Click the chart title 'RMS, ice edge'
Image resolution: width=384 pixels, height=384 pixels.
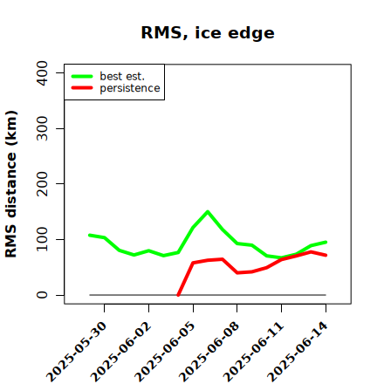pos(208,33)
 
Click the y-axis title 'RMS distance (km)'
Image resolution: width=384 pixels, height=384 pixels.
pos(11,184)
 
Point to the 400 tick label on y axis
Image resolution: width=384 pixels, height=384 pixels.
pos(42,73)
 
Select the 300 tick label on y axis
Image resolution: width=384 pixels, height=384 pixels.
pos(42,128)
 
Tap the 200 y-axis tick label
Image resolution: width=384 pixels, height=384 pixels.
pos(42,183)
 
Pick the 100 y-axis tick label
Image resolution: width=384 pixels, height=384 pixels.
pos(42,239)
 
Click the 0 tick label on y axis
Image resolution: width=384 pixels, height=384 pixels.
pos(42,295)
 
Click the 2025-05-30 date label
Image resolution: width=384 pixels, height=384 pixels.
pos(76,352)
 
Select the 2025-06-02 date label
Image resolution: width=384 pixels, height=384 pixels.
pos(120,352)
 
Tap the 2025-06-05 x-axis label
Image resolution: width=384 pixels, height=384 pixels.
pos(165,352)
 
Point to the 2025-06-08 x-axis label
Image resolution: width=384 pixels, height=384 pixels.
pos(209,352)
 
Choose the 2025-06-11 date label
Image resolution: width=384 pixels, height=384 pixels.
pos(253,352)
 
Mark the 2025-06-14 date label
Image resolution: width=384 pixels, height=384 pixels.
pos(298,352)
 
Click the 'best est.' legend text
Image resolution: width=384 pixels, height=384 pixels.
pos(122,76)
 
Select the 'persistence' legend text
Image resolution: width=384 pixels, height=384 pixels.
pos(130,88)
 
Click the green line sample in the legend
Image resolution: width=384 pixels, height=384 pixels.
pos(82,76)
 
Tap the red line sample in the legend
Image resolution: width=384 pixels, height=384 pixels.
pos(82,87)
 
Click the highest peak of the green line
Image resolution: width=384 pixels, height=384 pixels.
pos(208,211)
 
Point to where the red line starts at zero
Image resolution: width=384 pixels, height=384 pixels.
pos(178,295)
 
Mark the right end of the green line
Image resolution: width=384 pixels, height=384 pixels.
pos(326,242)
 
